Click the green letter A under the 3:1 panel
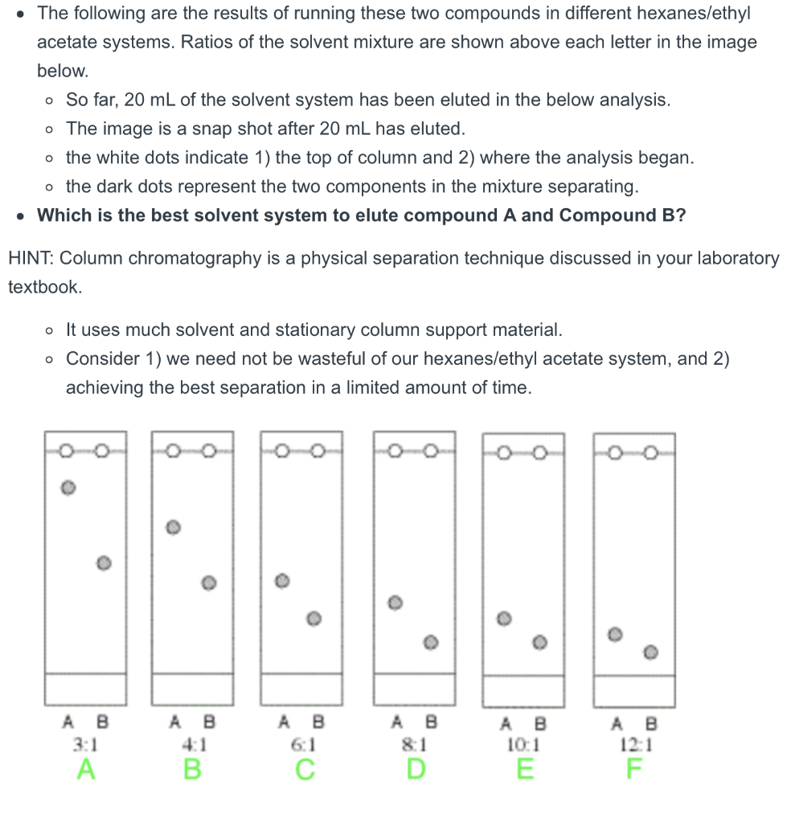coord(85,769)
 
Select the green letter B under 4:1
coord(192,769)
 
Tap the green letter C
coord(302,769)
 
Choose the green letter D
coord(414,769)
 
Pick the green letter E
coord(523,769)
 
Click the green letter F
coord(634,769)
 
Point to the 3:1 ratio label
coord(85,744)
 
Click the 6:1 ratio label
coord(302,744)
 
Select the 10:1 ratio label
coord(523,744)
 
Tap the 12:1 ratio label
coord(634,744)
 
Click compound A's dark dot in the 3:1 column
coord(69,487)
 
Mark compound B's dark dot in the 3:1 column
coord(102,563)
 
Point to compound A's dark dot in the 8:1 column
coord(394,602)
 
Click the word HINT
coord(31,259)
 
